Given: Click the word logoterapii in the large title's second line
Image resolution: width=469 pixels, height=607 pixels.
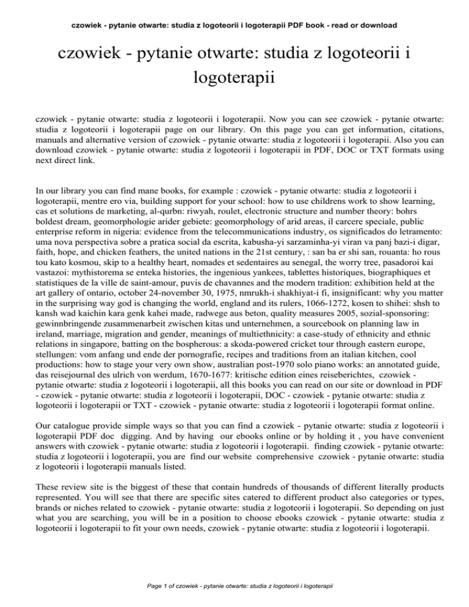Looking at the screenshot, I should [234, 78].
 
